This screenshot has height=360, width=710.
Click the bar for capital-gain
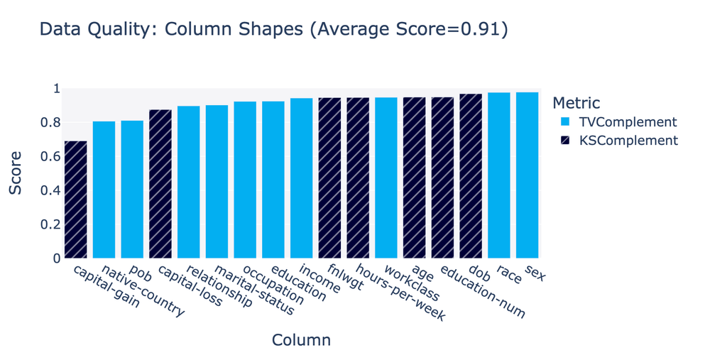coord(75,200)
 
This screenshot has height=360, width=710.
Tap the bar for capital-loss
coord(160,184)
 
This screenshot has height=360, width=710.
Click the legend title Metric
coord(577,103)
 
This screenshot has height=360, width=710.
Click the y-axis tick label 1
coord(55,89)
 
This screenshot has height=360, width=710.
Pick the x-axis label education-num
coord(483,293)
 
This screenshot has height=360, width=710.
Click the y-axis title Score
coord(16,173)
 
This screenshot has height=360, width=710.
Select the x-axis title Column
coord(301,340)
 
